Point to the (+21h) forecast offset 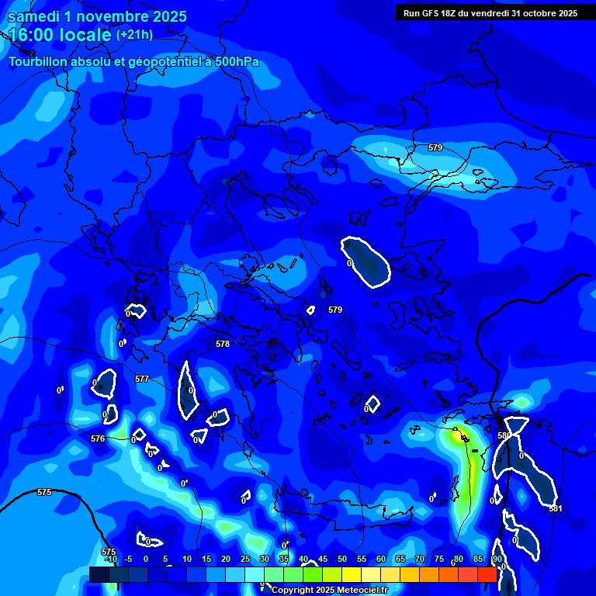pyautogui.click(x=134, y=35)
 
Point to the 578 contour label pyautogui.click(x=223, y=344)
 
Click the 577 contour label pyautogui.click(x=142, y=379)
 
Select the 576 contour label pyautogui.click(x=98, y=438)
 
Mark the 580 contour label pyautogui.click(x=503, y=436)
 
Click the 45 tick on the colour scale pyautogui.click(x=323, y=559)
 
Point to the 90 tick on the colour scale pyautogui.click(x=497, y=559)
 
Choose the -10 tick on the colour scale pyautogui.click(x=109, y=559)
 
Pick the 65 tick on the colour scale pyautogui.click(x=400, y=559)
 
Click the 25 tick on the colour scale pyautogui.click(x=244, y=559)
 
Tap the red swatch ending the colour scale pyautogui.click(x=487, y=574)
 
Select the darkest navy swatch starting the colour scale pyautogui.click(x=99, y=574)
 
